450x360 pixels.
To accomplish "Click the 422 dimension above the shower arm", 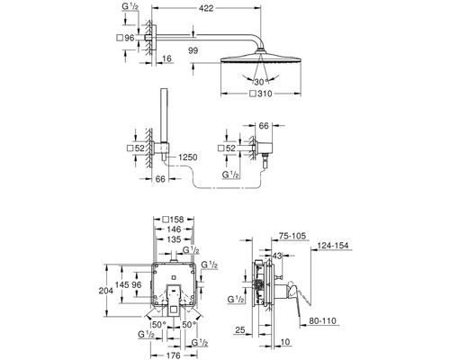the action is coord(206,8).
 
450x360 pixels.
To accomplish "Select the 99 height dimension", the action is coord(193,50).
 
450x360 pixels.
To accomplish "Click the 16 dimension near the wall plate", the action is coord(167,58).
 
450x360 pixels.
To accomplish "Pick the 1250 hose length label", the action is coord(188,157).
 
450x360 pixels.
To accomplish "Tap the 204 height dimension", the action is coord(106,291).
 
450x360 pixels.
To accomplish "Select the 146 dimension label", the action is coord(174,229).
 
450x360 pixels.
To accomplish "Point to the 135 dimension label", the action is coord(174,239).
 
